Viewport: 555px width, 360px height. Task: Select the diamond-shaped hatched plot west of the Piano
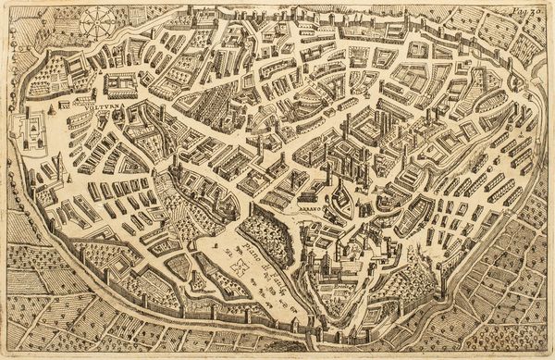click(178, 268)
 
